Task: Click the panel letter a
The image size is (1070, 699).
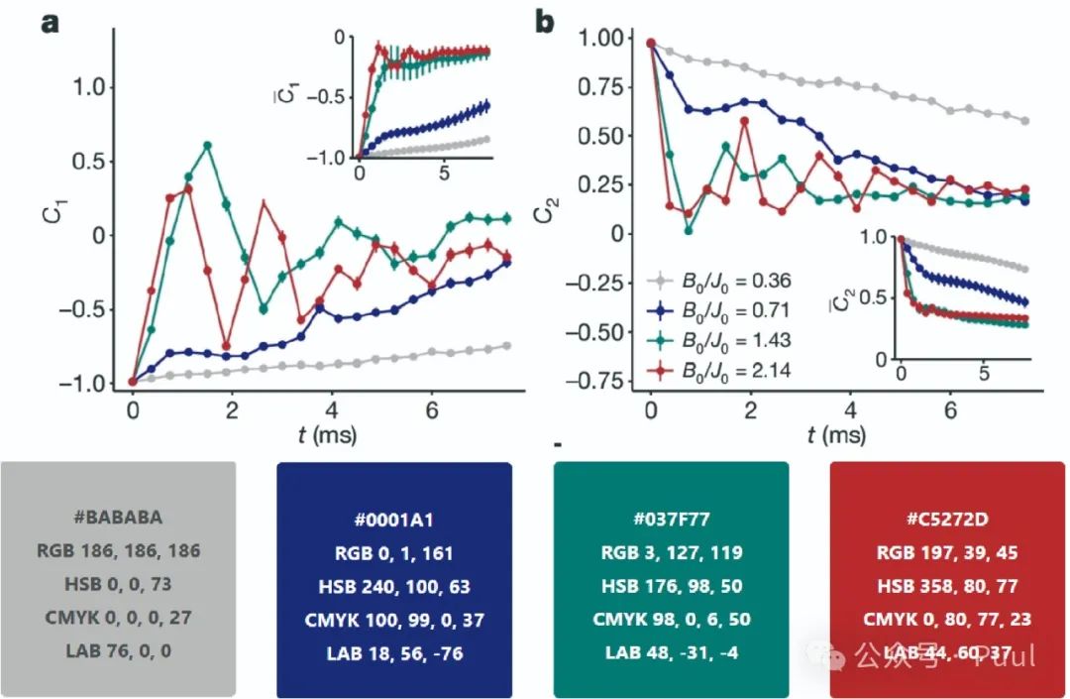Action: [51, 22]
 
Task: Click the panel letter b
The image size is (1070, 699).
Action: [544, 22]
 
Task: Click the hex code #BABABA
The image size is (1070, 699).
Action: [118, 517]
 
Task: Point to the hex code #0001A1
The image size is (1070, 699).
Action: [393, 518]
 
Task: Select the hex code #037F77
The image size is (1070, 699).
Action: [671, 518]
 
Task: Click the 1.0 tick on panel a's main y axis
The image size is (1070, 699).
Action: [92, 87]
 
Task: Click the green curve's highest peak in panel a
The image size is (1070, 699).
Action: [208, 146]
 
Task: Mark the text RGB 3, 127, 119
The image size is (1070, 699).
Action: [671, 552]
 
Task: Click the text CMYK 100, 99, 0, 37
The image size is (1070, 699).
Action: [393, 619]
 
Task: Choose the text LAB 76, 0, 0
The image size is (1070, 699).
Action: [118, 652]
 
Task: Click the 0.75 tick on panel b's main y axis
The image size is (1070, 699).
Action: [600, 86]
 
